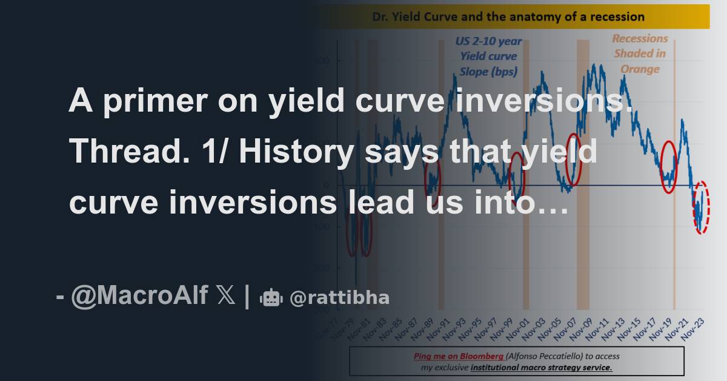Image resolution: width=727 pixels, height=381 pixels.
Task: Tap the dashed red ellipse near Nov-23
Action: [701, 207]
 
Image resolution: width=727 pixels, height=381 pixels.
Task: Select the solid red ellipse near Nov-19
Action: [668, 167]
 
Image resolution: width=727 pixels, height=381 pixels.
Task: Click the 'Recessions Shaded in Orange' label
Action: [640, 53]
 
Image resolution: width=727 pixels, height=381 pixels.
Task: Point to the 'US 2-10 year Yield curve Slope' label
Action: [488, 56]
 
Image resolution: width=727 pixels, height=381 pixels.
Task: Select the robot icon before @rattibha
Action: [271, 298]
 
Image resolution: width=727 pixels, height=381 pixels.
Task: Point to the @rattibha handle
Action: [339, 298]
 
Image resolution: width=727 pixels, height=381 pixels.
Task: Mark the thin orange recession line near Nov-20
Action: [675, 182]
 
